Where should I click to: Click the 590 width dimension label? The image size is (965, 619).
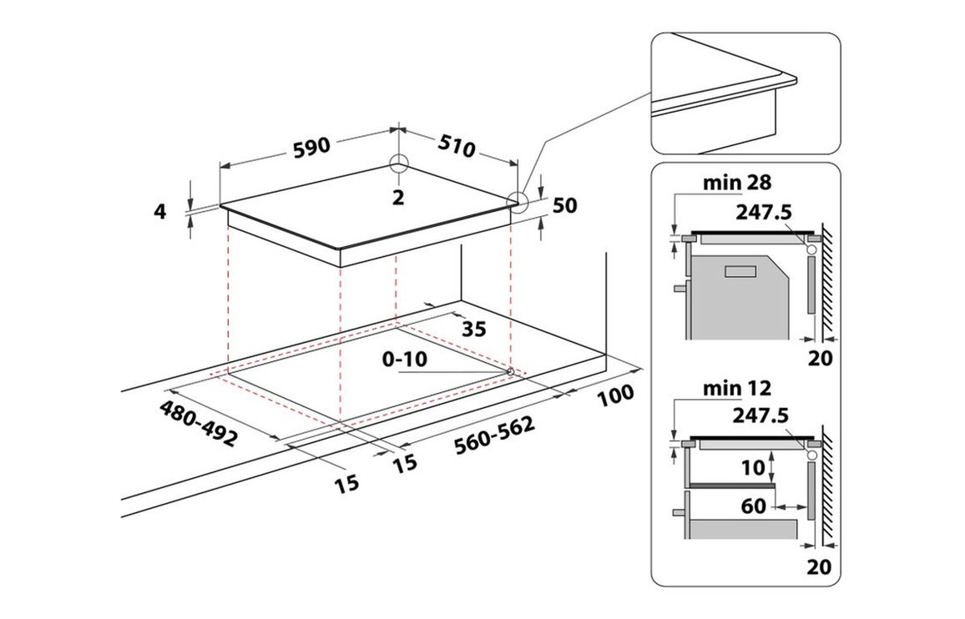(311, 148)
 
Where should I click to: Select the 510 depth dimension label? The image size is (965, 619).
(457, 147)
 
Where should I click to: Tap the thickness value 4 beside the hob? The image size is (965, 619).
(160, 212)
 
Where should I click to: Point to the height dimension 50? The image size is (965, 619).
(564, 205)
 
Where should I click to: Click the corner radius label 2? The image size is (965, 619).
(398, 198)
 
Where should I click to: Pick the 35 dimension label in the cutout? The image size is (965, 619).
(474, 330)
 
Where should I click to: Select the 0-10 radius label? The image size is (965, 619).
(404, 359)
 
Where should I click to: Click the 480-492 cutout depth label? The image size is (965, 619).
(198, 424)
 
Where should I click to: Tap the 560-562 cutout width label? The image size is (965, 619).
(494, 435)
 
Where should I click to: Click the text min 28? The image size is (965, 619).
(736, 183)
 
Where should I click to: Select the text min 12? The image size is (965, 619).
(736, 388)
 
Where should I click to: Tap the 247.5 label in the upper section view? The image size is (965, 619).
(763, 212)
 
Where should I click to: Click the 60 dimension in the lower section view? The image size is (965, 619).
(753, 506)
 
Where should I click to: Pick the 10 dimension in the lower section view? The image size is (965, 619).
(752, 468)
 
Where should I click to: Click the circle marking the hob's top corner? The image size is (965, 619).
(399, 163)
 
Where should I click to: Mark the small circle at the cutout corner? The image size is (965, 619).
(510, 371)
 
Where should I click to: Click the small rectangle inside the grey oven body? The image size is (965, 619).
(741, 271)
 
